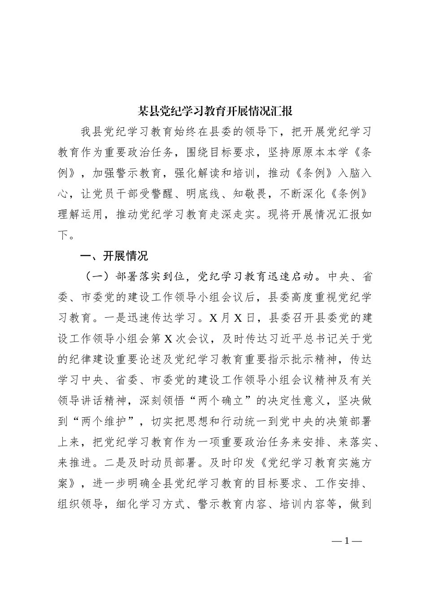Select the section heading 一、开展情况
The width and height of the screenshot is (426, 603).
[x=114, y=256]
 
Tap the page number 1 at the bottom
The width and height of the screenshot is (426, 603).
[x=347, y=541]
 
